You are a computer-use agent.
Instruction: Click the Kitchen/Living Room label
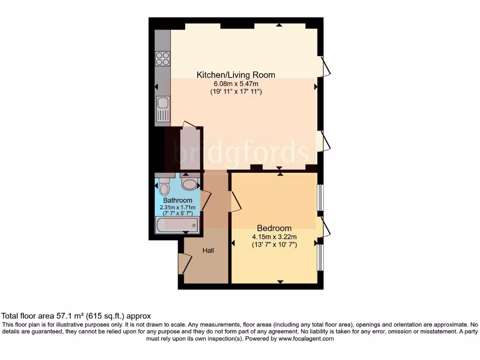tap(235, 75)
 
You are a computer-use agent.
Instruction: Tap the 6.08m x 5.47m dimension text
tap(235, 84)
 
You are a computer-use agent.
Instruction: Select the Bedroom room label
tap(274, 228)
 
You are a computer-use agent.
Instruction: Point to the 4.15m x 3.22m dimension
tap(274, 237)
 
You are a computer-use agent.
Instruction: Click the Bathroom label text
tap(178, 200)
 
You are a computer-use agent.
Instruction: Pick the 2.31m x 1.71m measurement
tap(178, 207)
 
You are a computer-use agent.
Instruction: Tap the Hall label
tap(208, 251)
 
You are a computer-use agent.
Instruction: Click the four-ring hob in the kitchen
tap(163, 59)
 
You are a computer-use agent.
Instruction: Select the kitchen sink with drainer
tap(163, 108)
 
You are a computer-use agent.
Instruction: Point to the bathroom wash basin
tap(190, 183)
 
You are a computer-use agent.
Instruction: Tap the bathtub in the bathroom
tap(177, 225)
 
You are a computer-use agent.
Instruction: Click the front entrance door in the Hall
tap(183, 264)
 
